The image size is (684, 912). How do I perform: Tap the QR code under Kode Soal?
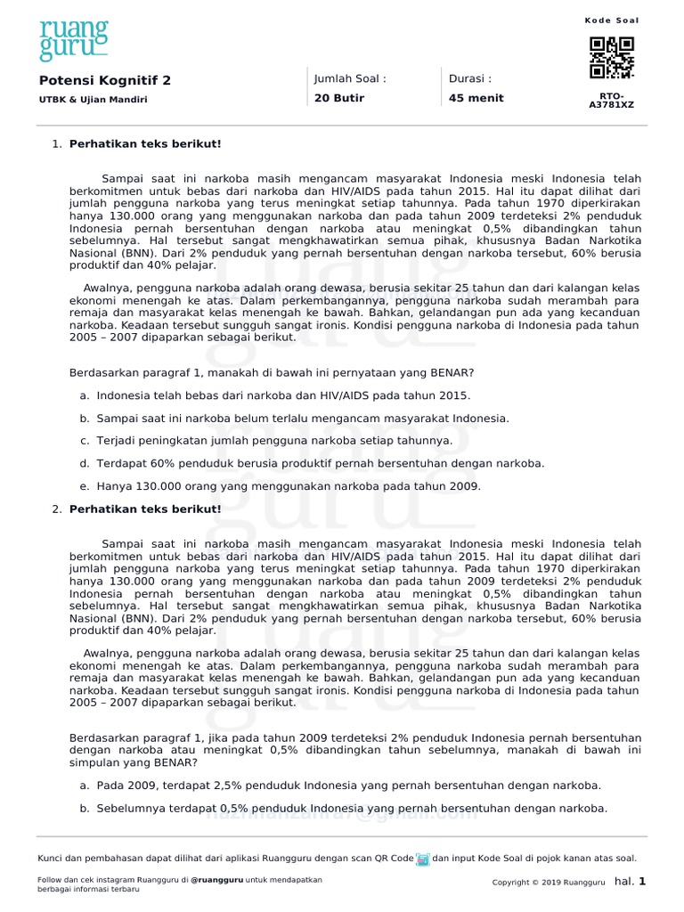612,58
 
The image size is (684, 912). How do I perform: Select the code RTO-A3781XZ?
612,100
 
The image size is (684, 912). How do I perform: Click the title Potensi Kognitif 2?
104,80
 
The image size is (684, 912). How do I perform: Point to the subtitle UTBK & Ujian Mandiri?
93,100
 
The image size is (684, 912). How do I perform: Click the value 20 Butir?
339,98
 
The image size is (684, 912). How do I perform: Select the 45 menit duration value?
476,98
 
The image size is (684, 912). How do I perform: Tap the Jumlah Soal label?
350,78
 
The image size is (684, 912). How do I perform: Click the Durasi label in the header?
470,78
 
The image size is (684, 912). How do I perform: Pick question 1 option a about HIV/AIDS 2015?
282,395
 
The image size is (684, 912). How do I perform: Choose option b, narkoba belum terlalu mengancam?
302,418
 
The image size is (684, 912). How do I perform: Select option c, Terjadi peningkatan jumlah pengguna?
273,441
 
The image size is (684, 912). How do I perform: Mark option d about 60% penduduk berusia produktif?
320,463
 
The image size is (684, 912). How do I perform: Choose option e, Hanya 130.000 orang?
288,486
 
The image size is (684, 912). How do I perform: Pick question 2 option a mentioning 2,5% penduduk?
348,786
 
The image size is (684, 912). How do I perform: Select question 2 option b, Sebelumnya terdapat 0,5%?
351,809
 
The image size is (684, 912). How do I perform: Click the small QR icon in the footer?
423,859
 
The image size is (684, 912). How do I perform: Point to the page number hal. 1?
630,882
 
